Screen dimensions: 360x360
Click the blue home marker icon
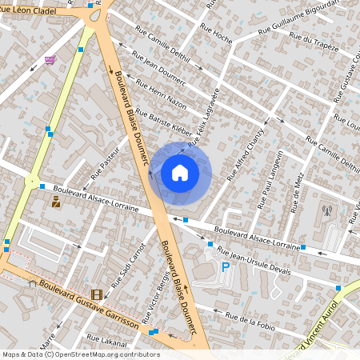(180, 173)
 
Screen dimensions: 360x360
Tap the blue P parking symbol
(226, 267)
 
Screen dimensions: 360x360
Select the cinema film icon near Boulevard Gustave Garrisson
(97, 295)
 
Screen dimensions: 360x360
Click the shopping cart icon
(50, 60)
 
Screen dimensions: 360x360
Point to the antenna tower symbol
(326, 211)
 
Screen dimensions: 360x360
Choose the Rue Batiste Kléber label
(164, 122)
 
